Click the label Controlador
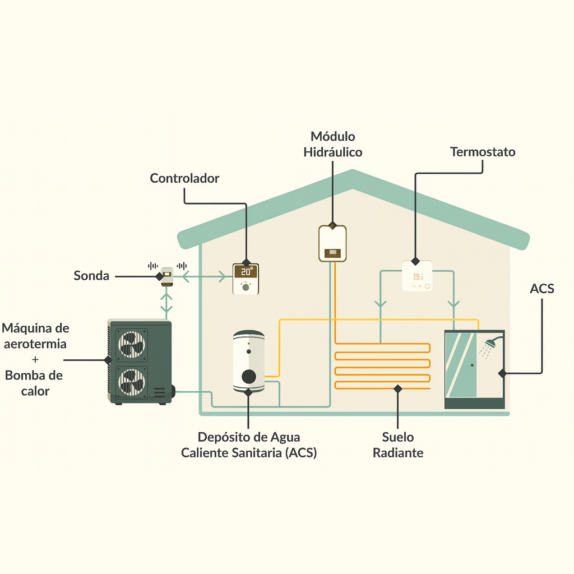pos(184,178)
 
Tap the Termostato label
pos(483,152)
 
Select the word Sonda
pos(91,276)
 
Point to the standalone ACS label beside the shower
pos(542,289)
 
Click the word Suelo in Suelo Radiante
pos(398,437)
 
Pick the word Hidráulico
pos(333,152)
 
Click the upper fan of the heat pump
pos(131,345)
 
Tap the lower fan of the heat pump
pos(131,382)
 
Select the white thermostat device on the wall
pos(417,276)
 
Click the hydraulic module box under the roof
pos(332,243)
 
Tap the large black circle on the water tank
pos(249,376)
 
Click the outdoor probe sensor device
pos(167,277)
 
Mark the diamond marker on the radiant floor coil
pos(398,389)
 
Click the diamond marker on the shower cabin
pos(502,373)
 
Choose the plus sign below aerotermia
pos(35,360)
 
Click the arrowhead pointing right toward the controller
pos(222,277)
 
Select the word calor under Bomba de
pos(35,391)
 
